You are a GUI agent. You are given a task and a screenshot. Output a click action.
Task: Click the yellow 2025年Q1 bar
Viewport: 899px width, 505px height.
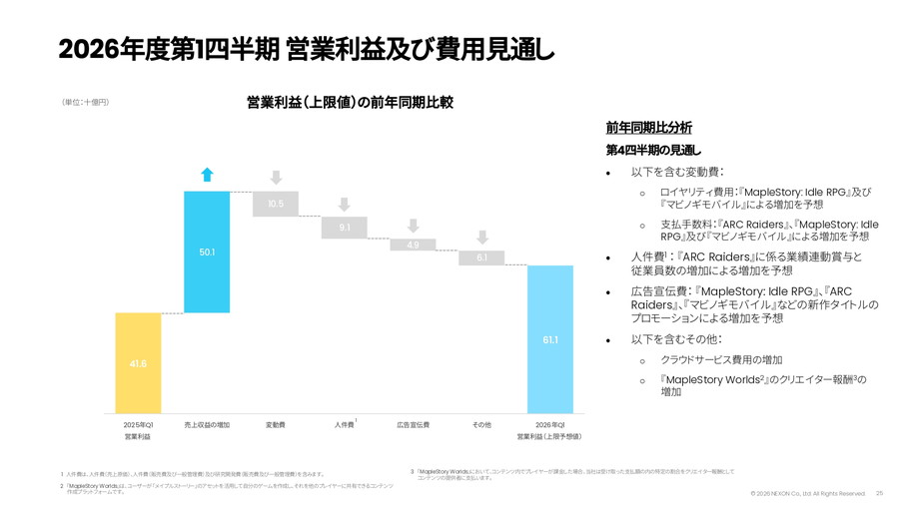[x=138, y=363]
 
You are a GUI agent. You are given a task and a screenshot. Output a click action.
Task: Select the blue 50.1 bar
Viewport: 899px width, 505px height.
[x=207, y=252]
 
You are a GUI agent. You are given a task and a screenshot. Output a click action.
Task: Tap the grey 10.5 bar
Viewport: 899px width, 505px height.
[x=276, y=204]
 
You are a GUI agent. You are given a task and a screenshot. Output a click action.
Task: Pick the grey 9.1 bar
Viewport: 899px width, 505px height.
[x=345, y=228]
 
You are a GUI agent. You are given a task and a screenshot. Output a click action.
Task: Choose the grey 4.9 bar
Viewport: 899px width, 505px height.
[x=413, y=245]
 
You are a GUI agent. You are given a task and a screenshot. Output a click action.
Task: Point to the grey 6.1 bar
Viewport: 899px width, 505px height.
[x=481, y=257]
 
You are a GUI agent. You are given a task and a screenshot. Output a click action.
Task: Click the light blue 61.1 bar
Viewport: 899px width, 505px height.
[x=550, y=339]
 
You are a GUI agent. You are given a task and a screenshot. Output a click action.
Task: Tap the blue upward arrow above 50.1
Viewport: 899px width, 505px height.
[x=207, y=175]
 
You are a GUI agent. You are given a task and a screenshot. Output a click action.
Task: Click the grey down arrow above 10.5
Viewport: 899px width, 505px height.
[x=276, y=179]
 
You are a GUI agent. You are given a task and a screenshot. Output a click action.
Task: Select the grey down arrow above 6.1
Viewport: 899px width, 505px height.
[x=481, y=238]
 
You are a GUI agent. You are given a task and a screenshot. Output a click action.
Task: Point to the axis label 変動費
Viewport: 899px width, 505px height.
[x=276, y=425]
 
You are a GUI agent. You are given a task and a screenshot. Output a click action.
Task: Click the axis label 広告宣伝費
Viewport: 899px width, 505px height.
[x=413, y=425]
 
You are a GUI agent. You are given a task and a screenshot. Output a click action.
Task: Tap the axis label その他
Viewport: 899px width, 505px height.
[x=481, y=425]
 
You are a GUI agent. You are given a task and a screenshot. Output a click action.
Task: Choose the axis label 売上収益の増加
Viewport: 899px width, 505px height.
[x=207, y=425]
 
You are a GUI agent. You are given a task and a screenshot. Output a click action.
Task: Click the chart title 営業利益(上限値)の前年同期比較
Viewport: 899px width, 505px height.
[x=350, y=102]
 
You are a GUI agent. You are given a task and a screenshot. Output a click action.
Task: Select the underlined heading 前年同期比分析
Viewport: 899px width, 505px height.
[x=648, y=128]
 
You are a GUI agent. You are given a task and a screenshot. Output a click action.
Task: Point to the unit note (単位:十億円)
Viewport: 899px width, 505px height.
[x=85, y=103]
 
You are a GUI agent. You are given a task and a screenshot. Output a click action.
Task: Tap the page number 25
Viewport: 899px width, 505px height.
[x=879, y=493]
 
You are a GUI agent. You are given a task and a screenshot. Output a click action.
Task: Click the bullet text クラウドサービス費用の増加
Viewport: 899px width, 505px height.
[x=720, y=359]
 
